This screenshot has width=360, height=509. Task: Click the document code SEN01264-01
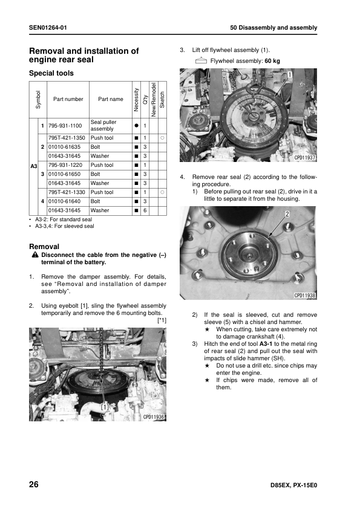coord(48,28)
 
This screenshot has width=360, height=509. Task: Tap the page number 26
coord(34,484)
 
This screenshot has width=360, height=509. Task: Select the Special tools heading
coord(51,73)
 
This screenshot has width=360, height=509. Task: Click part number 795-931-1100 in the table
coord(65,126)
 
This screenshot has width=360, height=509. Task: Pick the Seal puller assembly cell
coord(103,125)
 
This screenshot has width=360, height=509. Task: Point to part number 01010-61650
coord(64,174)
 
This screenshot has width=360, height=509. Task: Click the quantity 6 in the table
coord(145,210)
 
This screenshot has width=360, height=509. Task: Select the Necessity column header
coord(136,100)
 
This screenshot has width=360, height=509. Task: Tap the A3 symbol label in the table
coord(34,166)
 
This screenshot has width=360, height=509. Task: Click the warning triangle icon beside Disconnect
coord(35,255)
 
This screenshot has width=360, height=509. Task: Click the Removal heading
coord(44,247)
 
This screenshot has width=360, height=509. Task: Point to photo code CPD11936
coord(154,417)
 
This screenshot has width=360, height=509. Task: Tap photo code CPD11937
coord(305,158)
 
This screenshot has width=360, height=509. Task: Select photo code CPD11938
coord(305,296)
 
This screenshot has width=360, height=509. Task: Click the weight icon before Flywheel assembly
coord(201,60)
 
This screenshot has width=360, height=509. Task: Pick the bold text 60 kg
coord(272,60)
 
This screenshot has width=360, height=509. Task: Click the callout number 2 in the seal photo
coord(287,214)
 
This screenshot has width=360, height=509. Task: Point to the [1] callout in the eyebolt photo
coord(104,407)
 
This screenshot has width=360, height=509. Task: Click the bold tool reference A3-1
coord(266,344)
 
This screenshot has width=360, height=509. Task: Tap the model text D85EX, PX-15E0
coord(293,485)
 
